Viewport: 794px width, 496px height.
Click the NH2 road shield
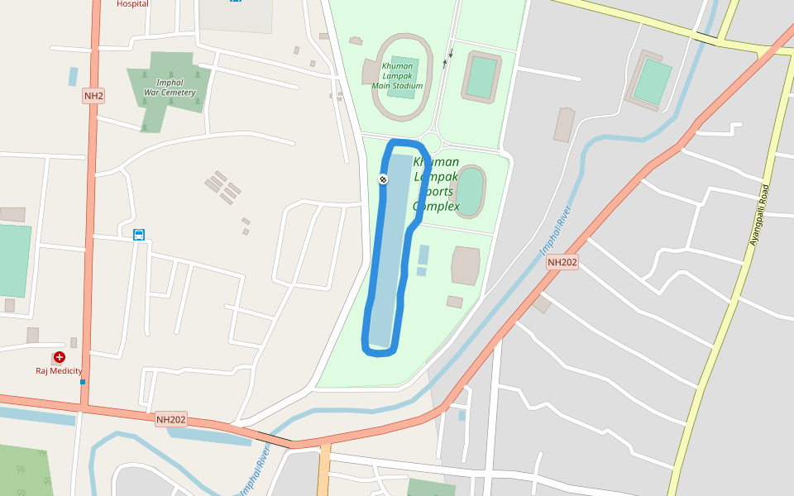93,96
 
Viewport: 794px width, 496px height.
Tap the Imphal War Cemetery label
170,88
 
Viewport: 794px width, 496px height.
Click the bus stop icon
140,235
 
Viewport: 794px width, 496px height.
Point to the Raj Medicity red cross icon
59,357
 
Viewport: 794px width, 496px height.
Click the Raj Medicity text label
59,371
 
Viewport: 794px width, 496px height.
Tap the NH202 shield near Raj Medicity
171,420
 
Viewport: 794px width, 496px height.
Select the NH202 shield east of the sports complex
562,262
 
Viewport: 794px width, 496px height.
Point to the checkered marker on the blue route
384,179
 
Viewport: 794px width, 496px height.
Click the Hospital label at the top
132,3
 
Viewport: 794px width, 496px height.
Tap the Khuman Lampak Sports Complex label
436,184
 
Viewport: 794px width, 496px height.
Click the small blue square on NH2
83,382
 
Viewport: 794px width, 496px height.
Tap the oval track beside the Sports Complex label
471,191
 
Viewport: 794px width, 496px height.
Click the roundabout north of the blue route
431,141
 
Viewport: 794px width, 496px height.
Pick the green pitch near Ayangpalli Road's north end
652,80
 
